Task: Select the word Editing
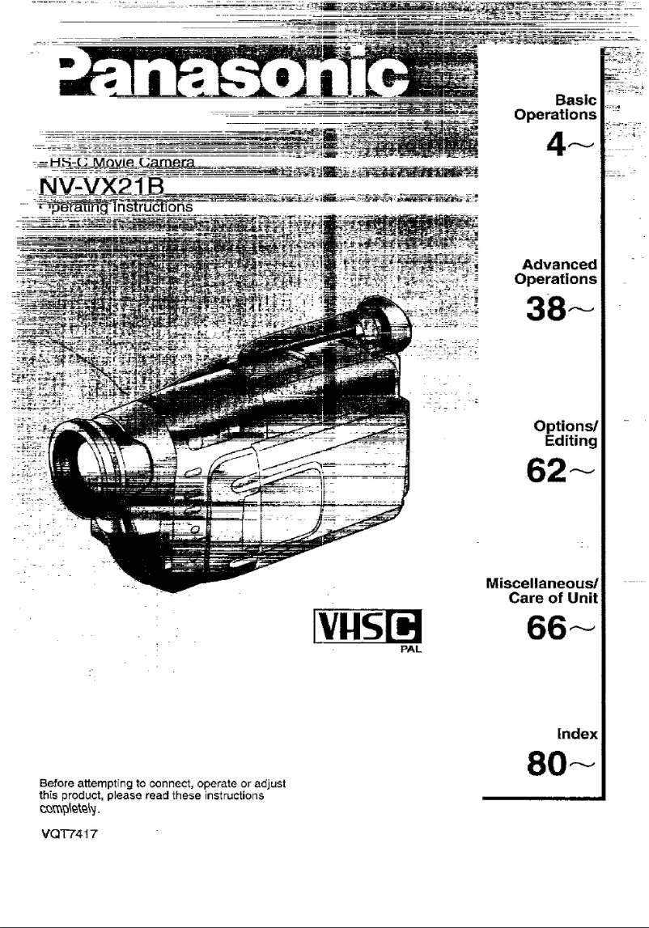pos(575,441)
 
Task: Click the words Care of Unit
pos(562,598)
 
